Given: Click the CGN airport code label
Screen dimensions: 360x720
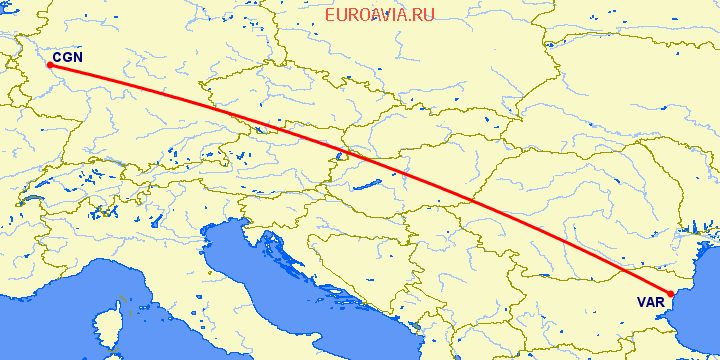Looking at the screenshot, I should [x=68, y=58].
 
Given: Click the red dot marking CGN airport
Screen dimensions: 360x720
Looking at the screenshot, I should [x=49, y=66].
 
